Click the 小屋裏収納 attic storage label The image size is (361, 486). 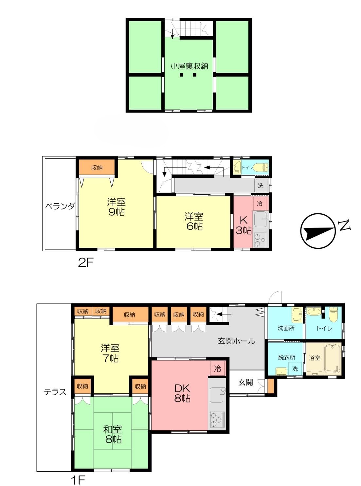point(189,66)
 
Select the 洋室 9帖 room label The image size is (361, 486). point(116,207)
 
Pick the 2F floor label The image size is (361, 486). point(86,263)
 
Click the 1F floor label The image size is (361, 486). point(78,479)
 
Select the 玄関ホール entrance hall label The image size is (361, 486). point(237,341)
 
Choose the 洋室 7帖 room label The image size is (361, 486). point(110,353)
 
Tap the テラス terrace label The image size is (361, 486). point(55,391)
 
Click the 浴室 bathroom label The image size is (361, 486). point(315,358)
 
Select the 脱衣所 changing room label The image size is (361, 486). point(286,357)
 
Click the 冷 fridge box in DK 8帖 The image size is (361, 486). point(217,369)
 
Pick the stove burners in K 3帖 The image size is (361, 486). point(261,240)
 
